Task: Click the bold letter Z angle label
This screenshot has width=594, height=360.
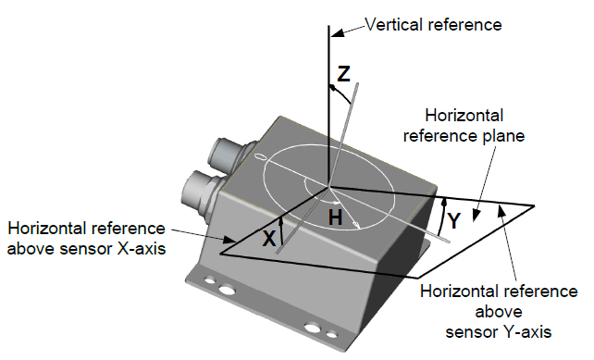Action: [343, 74]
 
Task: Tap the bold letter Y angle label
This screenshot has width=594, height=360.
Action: [453, 220]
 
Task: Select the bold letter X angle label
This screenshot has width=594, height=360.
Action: [269, 239]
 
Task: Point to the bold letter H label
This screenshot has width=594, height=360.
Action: [335, 217]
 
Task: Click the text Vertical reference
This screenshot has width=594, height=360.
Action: [433, 25]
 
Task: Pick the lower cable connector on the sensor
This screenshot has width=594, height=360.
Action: [200, 192]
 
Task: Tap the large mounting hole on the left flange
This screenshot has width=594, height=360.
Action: [227, 290]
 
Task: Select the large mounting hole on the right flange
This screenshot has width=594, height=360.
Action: [313, 328]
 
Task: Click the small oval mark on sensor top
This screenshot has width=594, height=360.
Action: [260, 156]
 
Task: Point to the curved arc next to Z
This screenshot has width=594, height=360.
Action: [340, 93]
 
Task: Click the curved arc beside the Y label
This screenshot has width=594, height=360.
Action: [441, 217]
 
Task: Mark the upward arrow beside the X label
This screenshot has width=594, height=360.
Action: [280, 231]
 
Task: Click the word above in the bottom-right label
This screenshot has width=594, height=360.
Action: [499, 312]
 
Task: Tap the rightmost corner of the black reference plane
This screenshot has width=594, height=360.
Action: [535, 205]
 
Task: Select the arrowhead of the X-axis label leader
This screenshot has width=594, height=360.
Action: [228, 240]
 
